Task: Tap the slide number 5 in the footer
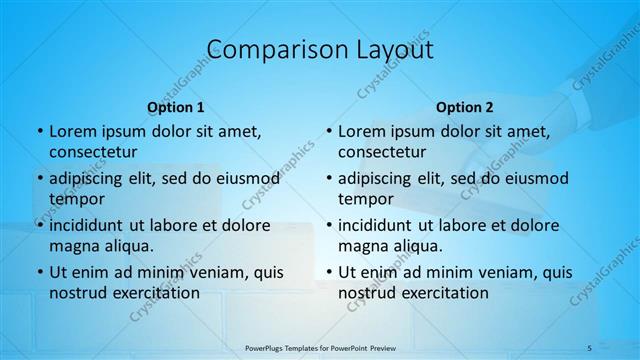point(589,346)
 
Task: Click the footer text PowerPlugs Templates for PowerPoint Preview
point(320,346)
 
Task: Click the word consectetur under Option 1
point(93,152)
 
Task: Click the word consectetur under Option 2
point(382,152)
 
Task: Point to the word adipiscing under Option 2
point(381,178)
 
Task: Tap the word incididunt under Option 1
point(92,225)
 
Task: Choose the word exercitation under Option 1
point(154,293)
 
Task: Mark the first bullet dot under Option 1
point(39,131)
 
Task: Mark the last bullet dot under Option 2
point(328,272)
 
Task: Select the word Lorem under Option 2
point(361,131)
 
